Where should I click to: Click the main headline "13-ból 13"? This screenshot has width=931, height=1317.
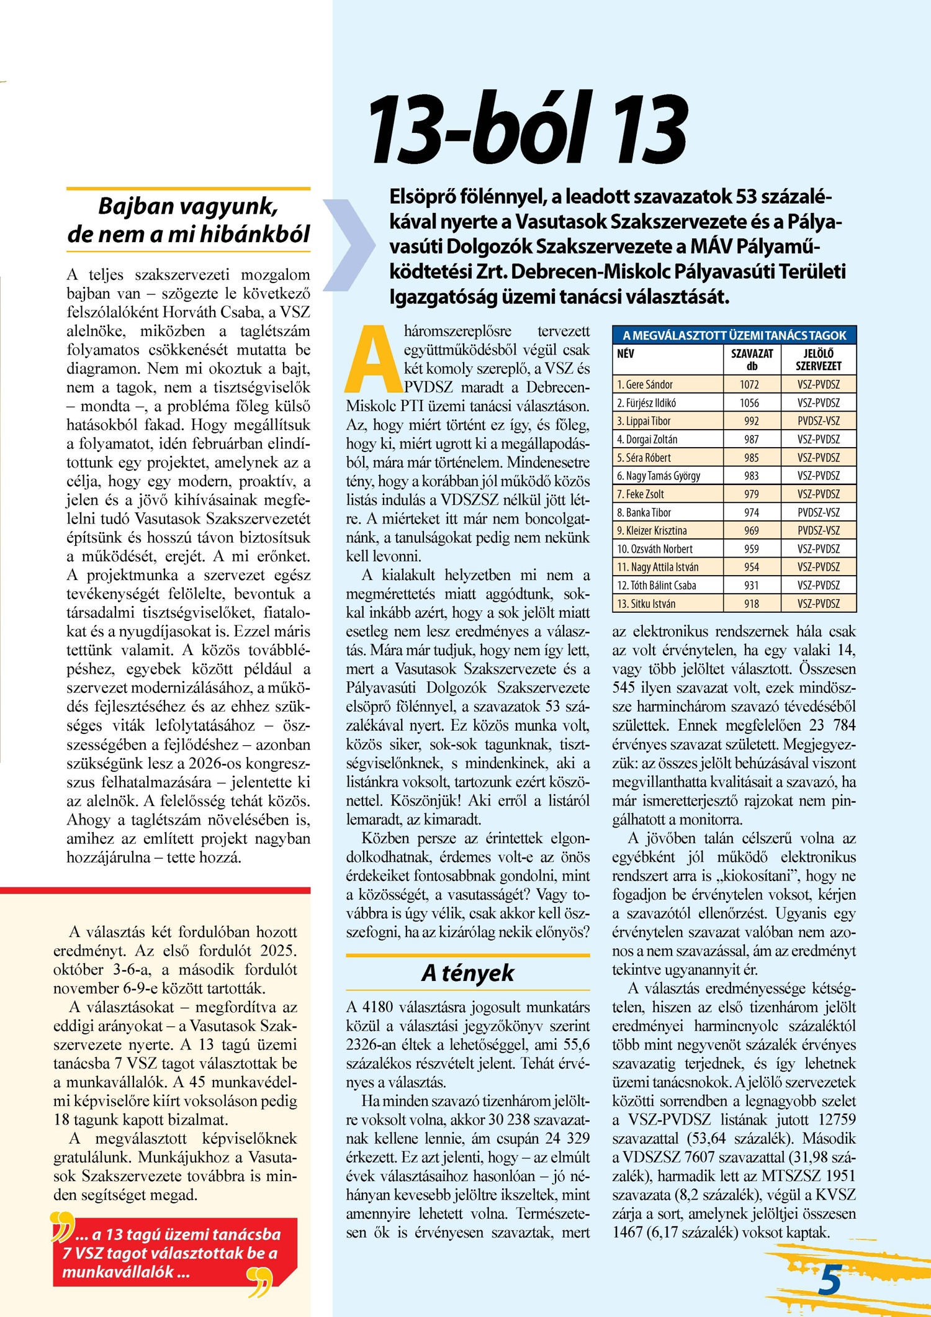click(528, 130)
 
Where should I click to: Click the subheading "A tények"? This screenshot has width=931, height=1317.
click(467, 972)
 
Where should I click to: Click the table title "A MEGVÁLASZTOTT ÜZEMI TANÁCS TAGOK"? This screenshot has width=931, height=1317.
click(734, 335)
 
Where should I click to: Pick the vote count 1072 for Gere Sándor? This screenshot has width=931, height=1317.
click(749, 384)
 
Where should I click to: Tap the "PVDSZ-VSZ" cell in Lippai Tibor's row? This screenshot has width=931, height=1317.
click(819, 421)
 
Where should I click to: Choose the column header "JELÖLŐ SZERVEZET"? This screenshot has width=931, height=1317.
click(819, 360)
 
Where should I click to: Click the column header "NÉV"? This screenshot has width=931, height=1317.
click(626, 353)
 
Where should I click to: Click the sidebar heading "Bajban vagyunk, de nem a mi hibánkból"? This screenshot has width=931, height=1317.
click(188, 220)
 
